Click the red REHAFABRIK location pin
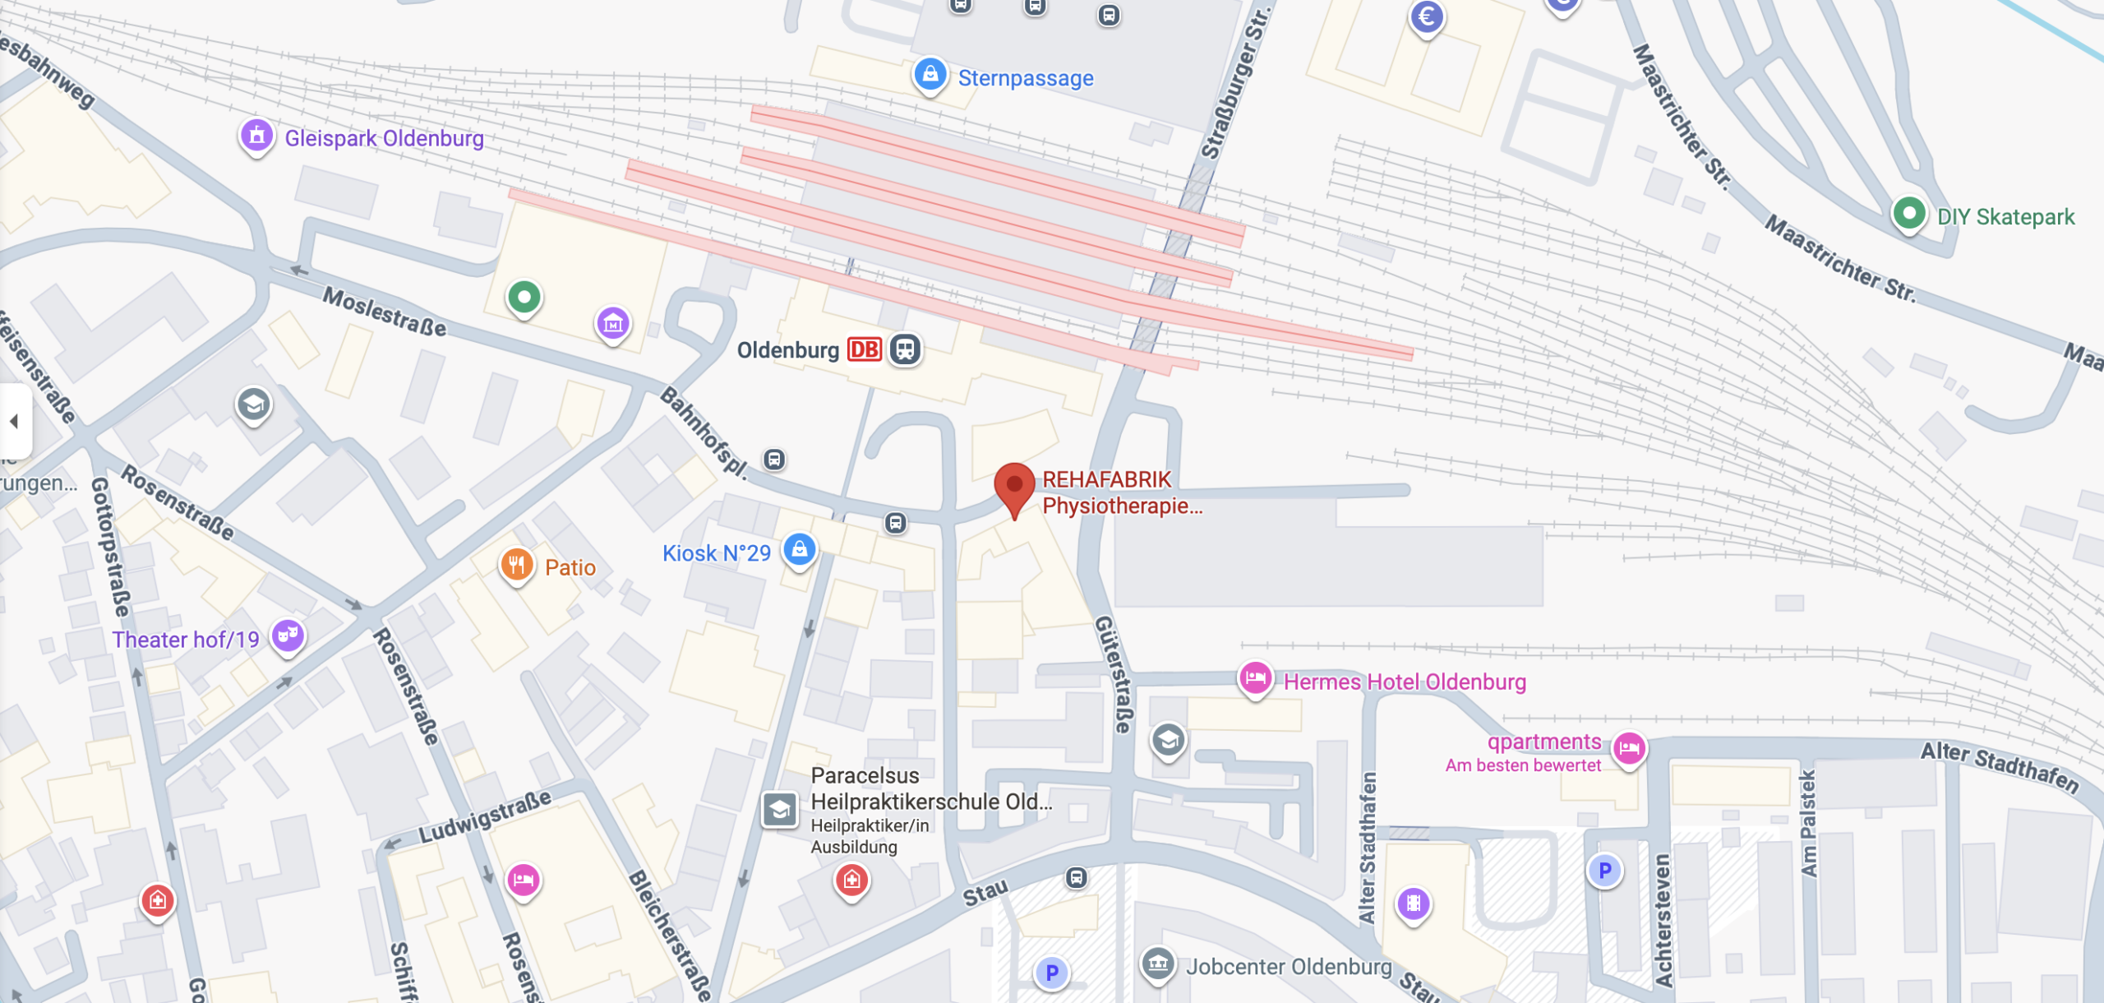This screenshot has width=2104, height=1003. (x=1014, y=485)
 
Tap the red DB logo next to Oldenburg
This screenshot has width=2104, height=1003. (x=864, y=350)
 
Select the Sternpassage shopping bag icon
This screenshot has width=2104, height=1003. (x=930, y=75)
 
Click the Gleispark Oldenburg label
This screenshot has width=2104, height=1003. (x=384, y=138)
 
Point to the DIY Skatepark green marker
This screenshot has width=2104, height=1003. (x=1908, y=214)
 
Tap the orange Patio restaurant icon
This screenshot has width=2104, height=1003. (x=516, y=565)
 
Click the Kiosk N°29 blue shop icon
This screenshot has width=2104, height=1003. (x=799, y=548)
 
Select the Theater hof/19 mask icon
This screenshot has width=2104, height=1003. (x=288, y=635)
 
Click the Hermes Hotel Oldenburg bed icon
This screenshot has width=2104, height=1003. (x=1255, y=678)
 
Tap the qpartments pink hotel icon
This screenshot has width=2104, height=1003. (x=1628, y=747)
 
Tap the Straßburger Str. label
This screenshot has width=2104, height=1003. (x=1234, y=82)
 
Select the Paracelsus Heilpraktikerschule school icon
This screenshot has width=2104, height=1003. (x=779, y=810)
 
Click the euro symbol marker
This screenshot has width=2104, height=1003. (x=1427, y=16)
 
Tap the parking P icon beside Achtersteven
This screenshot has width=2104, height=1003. (x=1603, y=871)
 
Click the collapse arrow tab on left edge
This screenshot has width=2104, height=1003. (x=14, y=421)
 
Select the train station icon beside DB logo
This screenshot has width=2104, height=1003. (x=905, y=349)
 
